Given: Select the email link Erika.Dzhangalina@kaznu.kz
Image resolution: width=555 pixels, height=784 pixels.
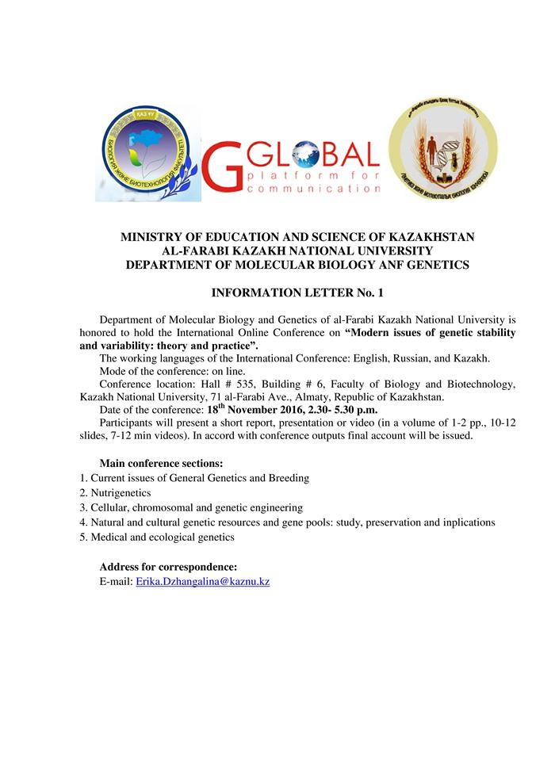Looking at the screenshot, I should pos(203,582).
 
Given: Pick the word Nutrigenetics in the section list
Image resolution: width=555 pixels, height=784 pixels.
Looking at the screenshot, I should pos(121,493).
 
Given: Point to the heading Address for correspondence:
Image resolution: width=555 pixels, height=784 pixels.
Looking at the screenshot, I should pos(167,567).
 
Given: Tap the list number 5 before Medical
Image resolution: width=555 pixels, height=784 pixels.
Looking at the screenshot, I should pos(83,537).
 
